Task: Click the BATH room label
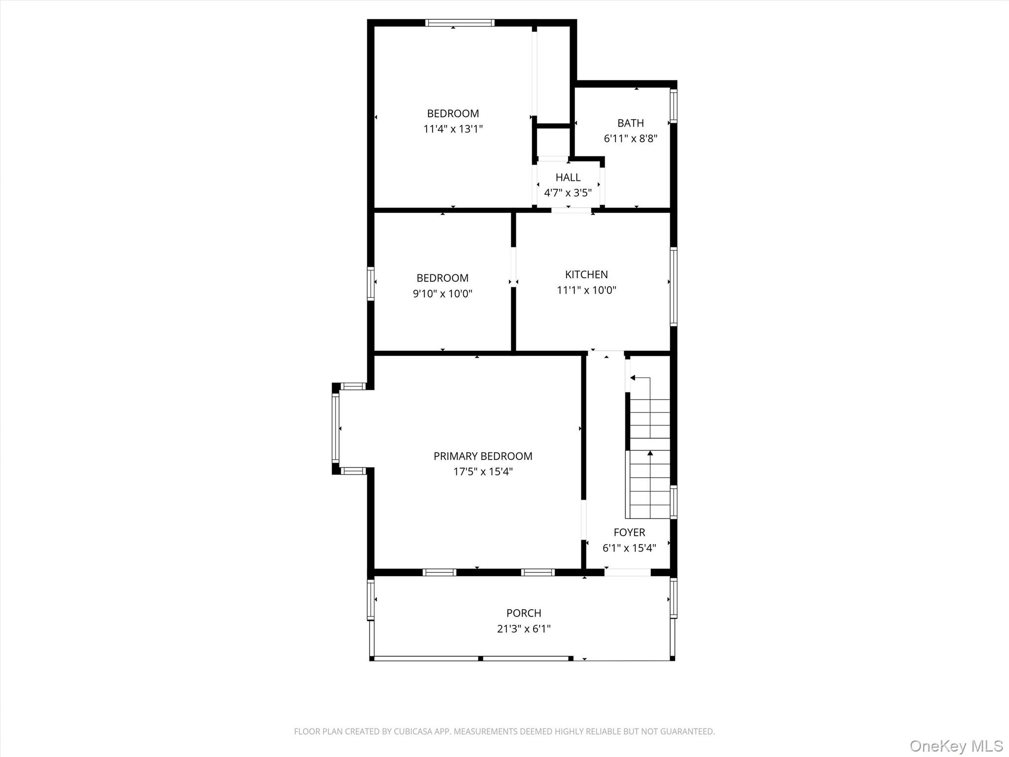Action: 631,123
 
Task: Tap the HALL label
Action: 568,177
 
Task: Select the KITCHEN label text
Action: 586,275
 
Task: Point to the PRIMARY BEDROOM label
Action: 483,456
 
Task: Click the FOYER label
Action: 629,532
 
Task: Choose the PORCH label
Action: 524,613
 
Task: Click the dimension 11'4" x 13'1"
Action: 453,129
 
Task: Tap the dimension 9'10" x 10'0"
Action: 442,294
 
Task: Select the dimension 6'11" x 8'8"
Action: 631,138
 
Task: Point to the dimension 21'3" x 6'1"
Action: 524,629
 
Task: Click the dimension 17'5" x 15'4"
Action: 483,472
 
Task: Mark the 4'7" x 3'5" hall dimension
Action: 568,193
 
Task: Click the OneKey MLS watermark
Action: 956,746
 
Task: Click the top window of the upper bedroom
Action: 460,23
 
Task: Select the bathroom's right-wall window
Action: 673,106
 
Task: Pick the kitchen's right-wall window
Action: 673,286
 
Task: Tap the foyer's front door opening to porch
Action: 628,572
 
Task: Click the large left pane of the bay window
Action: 336,428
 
